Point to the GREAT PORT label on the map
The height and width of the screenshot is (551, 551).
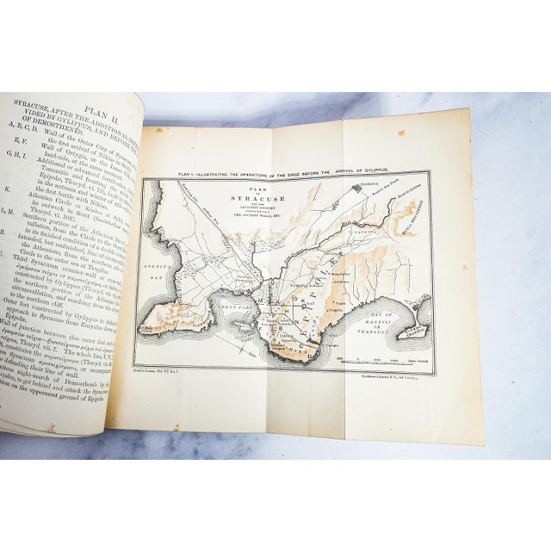point(234,302)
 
